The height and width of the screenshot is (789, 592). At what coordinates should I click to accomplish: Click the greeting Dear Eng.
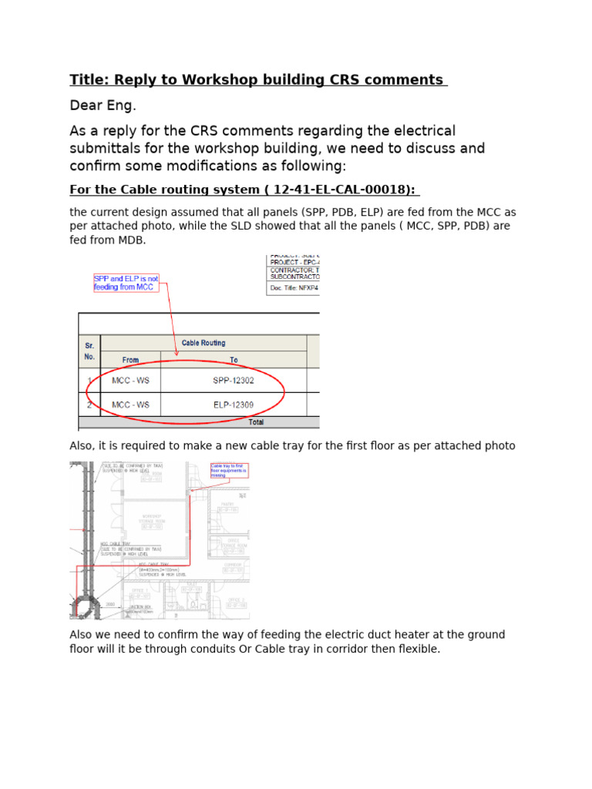coord(103,106)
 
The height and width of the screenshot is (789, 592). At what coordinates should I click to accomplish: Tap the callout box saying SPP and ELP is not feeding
coord(126,283)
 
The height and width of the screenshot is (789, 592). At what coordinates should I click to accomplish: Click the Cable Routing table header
coord(203,343)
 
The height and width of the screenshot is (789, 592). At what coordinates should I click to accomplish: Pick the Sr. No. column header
coord(89,351)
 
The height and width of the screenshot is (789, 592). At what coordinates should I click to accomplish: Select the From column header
coord(130,360)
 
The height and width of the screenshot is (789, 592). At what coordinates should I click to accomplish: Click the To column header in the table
coord(234,360)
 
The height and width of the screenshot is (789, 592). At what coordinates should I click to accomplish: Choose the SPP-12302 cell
coord(234,381)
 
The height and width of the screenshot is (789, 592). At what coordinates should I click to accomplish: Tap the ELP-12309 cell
coord(234,405)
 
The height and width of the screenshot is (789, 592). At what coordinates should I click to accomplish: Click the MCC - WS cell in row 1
coord(130,381)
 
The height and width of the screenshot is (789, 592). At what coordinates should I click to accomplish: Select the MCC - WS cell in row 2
coord(130,405)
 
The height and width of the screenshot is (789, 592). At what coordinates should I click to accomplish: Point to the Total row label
coord(256,422)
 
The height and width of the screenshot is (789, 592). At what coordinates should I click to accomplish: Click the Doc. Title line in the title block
coord(294,288)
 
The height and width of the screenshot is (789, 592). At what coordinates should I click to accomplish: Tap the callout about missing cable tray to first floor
coord(229,471)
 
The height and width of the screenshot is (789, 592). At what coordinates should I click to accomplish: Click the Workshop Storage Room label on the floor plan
coord(151,521)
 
